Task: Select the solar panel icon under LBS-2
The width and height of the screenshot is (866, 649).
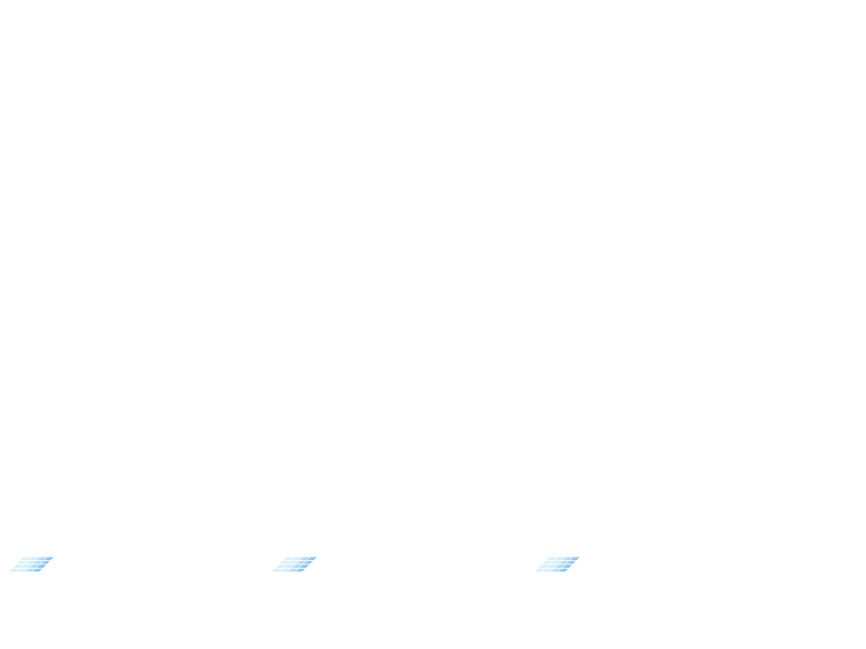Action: [294, 564]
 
